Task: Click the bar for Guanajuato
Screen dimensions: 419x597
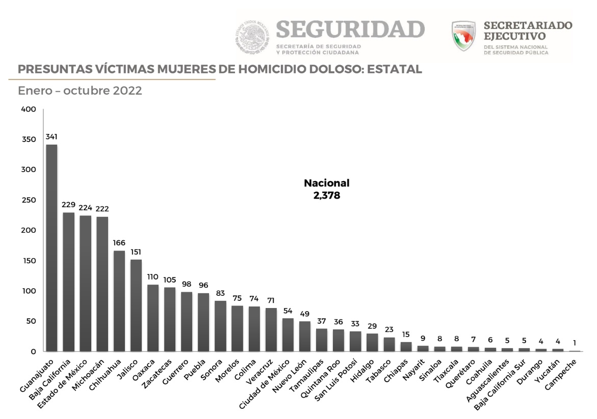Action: coord(51,248)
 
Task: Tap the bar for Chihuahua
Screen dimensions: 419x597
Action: coord(119,301)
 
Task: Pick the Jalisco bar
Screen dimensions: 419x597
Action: coord(136,305)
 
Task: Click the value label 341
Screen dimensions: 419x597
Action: coord(51,136)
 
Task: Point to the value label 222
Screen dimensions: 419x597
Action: coord(102,209)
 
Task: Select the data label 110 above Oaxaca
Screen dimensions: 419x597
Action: coord(153,276)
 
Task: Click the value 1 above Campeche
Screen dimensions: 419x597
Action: coord(575,343)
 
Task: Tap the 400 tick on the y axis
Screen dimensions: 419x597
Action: coord(29,109)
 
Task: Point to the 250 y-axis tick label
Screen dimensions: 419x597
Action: coord(29,200)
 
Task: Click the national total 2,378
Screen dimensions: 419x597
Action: coord(327,194)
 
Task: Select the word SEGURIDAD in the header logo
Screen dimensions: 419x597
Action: coord(350,30)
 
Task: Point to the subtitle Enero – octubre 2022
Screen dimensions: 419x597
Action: coord(80,91)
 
